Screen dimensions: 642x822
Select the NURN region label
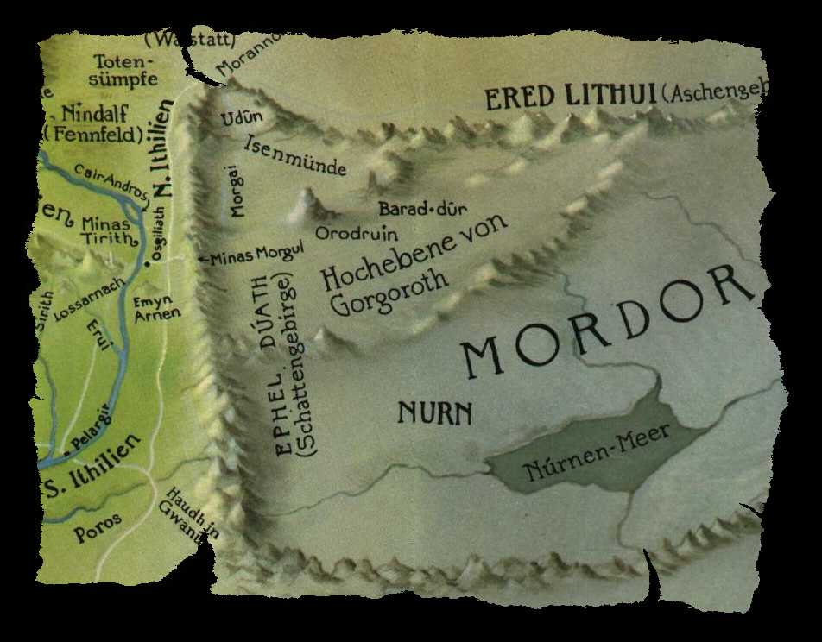click(x=434, y=413)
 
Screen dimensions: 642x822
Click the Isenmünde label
click(x=295, y=155)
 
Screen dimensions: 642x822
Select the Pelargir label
click(x=93, y=438)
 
